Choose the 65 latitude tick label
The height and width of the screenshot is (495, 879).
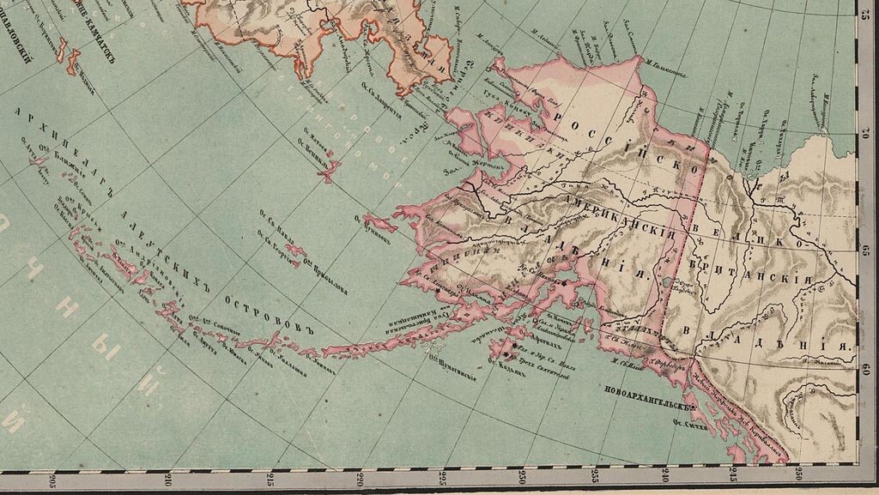pos(867,251)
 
